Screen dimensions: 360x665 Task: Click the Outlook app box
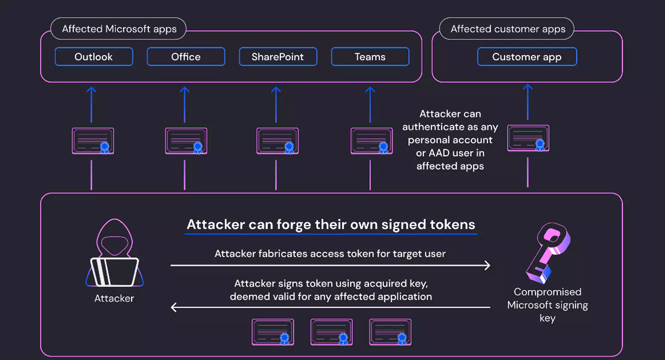(x=94, y=57)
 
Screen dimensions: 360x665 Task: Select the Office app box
(x=186, y=57)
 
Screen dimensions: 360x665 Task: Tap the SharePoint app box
(x=278, y=57)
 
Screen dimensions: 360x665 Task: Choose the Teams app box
(x=370, y=57)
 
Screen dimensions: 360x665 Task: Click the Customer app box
(x=527, y=57)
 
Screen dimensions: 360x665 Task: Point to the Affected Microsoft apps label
(x=119, y=29)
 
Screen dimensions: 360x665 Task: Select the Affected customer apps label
(x=508, y=29)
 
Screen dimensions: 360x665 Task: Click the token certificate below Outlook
(x=93, y=141)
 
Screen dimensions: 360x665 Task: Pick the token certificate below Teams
(x=371, y=141)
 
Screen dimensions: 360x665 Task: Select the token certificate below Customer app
(x=528, y=138)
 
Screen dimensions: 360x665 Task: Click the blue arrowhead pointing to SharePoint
(x=276, y=90)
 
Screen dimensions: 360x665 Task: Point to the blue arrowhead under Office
(x=185, y=90)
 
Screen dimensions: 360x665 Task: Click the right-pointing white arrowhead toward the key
(x=487, y=265)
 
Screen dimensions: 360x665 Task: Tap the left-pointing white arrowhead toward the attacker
(x=174, y=307)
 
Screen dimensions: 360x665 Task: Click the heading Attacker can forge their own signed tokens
(x=331, y=225)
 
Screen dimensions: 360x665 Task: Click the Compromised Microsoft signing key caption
(x=547, y=305)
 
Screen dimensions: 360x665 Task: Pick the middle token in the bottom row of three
(x=331, y=332)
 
